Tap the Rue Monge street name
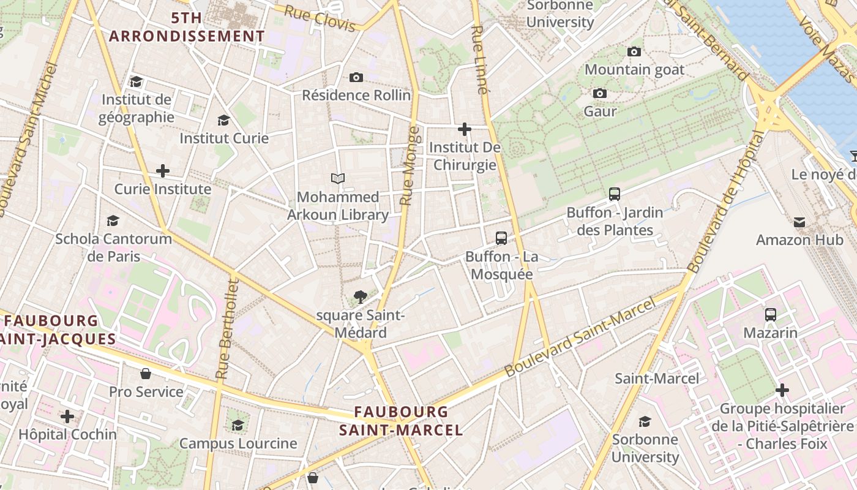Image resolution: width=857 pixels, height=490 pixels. click(x=410, y=165)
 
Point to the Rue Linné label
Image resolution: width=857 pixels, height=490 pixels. click(x=480, y=59)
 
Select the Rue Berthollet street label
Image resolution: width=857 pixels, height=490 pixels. click(x=226, y=328)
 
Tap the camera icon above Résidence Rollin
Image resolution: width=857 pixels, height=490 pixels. click(x=356, y=77)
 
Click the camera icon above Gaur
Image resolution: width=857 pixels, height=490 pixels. click(x=600, y=94)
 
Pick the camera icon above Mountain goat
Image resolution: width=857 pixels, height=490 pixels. click(x=634, y=52)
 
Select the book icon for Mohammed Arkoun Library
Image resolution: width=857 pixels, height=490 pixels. click(x=338, y=179)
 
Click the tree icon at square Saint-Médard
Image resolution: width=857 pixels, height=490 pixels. click(x=361, y=298)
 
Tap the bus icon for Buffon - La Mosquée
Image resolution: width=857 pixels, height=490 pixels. click(x=501, y=238)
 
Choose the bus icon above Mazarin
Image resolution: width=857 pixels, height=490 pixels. click(x=771, y=315)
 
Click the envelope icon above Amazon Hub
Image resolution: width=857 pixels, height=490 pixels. click(x=799, y=222)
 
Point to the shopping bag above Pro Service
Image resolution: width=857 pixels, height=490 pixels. click(x=146, y=374)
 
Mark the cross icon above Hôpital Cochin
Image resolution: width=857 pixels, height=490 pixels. click(x=67, y=417)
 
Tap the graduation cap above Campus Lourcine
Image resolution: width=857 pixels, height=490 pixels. click(x=238, y=425)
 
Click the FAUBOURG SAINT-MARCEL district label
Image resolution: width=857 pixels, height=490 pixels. click(x=401, y=421)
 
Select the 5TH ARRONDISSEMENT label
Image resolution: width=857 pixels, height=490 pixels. click(x=187, y=27)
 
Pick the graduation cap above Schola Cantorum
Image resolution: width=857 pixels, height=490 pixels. click(x=113, y=221)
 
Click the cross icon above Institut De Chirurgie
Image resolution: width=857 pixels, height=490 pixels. click(x=465, y=129)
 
